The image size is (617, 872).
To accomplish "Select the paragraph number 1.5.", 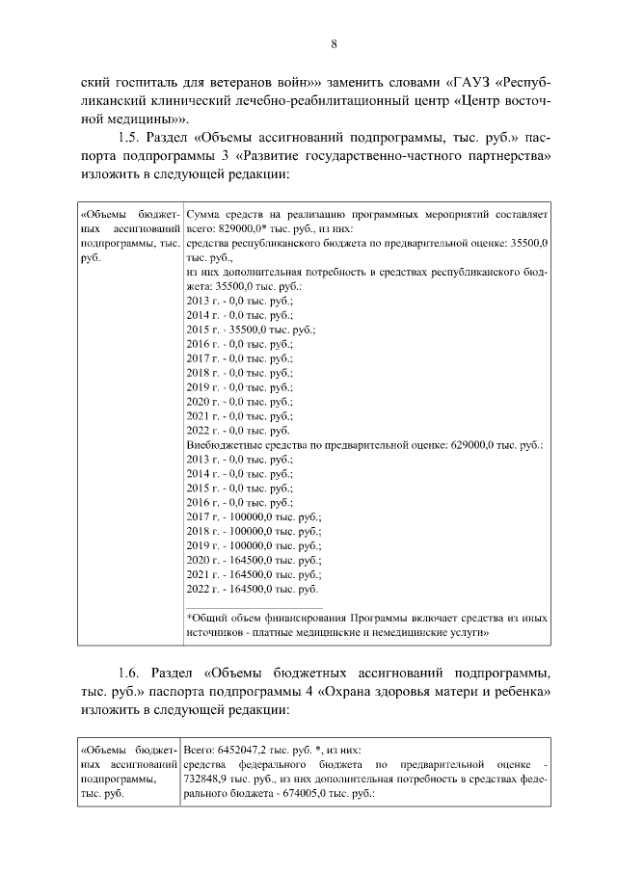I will click(130, 138).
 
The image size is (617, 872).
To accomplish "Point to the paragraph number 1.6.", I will click(130, 672).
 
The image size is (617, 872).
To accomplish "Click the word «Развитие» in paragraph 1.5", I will click(313, 157).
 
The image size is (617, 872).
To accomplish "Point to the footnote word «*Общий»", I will click(205, 617).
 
